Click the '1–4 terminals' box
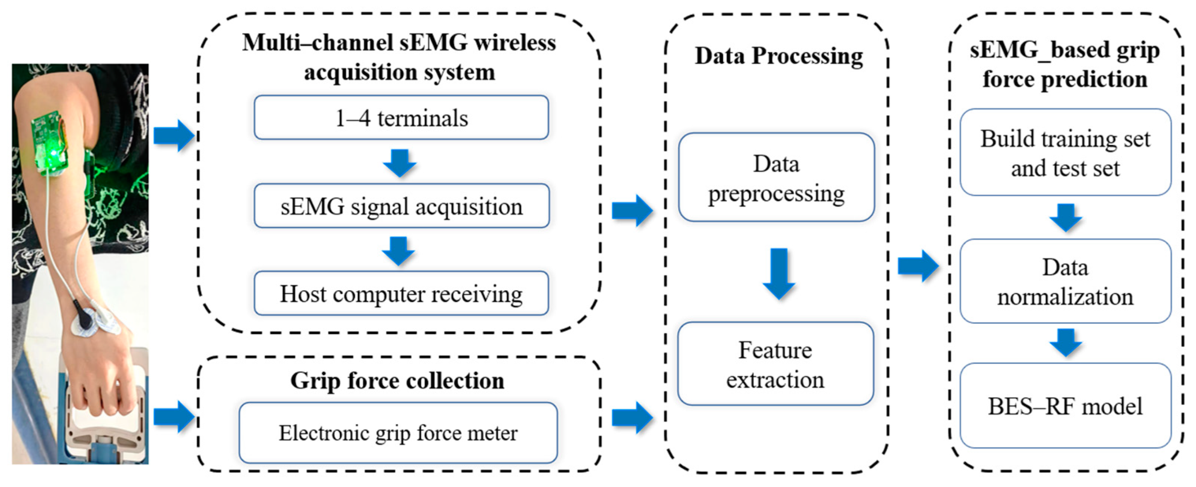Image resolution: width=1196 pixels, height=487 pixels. click(x=401, y=118)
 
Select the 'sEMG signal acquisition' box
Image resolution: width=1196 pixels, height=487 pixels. click(x=401, y=206)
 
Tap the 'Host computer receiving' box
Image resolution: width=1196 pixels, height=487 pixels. click(x=401, y=294)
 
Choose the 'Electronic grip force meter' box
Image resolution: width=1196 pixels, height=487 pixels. click(x=398, y=433)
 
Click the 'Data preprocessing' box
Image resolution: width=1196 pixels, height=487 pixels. click(x=776, y=178)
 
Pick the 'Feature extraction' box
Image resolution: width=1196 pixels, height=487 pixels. click(x=775, y=364)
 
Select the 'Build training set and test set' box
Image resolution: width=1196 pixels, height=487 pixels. click(x=1065, y=153)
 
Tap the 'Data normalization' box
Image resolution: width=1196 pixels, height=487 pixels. click(x=1065, y=281)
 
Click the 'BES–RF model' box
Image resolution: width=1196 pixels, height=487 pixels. click(x=1065, y=406)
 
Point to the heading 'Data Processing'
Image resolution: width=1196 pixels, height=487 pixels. click(x=779, y=56)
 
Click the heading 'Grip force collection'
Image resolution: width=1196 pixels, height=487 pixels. click(x=397, y=381)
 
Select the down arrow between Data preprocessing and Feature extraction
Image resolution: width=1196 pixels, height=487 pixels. click(x=779, y=274)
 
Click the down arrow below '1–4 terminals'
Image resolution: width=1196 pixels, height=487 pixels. click(x=399, y=163)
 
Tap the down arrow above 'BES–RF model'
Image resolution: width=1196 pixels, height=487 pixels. click(x=1066, y=342)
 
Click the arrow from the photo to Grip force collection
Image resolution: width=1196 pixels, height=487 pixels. click(x=173, y=416)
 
